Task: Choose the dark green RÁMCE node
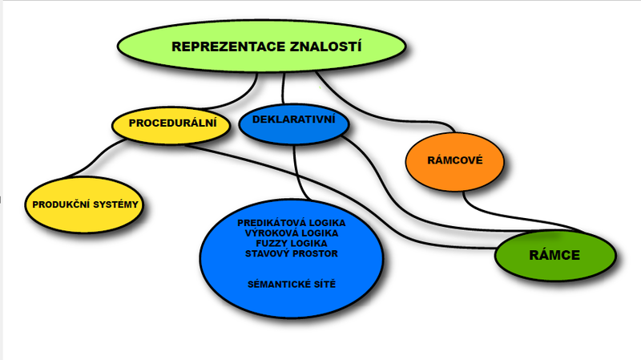point(554,256)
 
